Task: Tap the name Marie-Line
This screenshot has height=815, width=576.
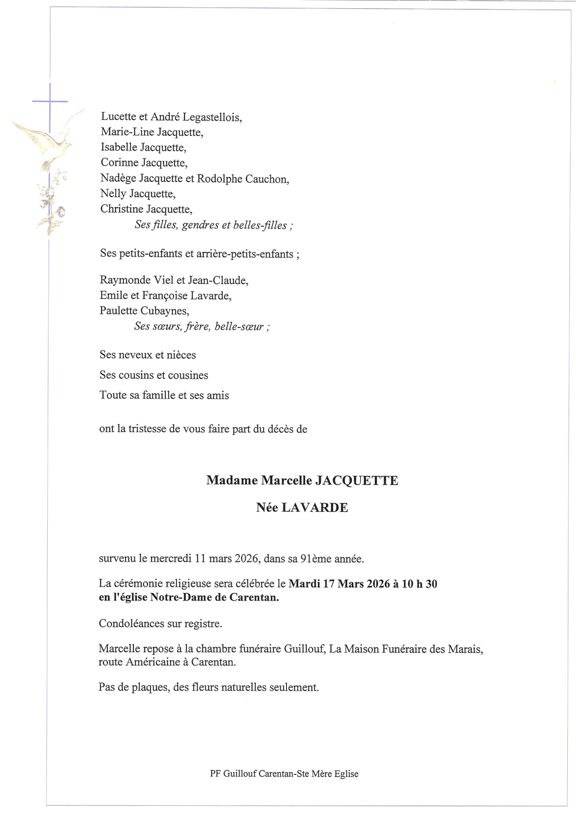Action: (x=128, y=133)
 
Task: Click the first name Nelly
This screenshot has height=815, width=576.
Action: (x=113, y=194)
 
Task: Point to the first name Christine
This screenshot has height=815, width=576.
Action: (x=121, y=209)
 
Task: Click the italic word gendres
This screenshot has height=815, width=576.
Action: (x=200, y=225)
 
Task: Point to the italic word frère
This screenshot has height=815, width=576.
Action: (x=197, y=327)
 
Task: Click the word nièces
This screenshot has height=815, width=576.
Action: (x=181, y=355)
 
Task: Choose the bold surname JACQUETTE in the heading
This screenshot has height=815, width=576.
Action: (x=356, y=480)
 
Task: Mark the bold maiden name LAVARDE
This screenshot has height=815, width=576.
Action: (x=315, y=508)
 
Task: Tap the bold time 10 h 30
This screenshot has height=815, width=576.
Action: (x=420, y=584)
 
